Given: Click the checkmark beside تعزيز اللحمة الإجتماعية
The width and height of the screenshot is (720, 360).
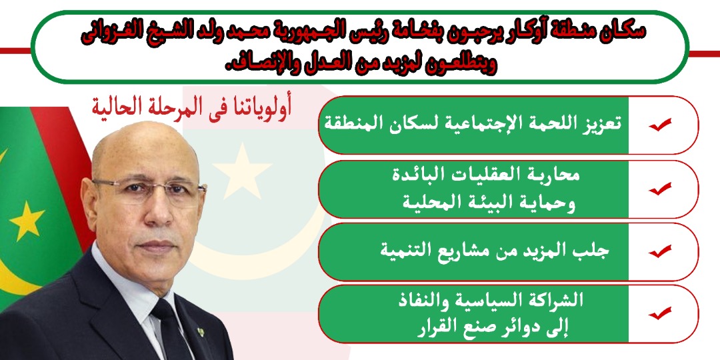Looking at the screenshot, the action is [660, 125].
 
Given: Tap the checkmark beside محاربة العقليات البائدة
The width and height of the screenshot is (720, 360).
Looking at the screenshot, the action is [660, 189].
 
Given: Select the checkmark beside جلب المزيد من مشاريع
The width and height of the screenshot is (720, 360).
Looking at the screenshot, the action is [660, 251].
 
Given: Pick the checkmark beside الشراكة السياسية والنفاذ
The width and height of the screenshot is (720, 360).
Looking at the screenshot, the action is [660, 313].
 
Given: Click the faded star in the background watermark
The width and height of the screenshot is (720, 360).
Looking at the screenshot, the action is [242, 171].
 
